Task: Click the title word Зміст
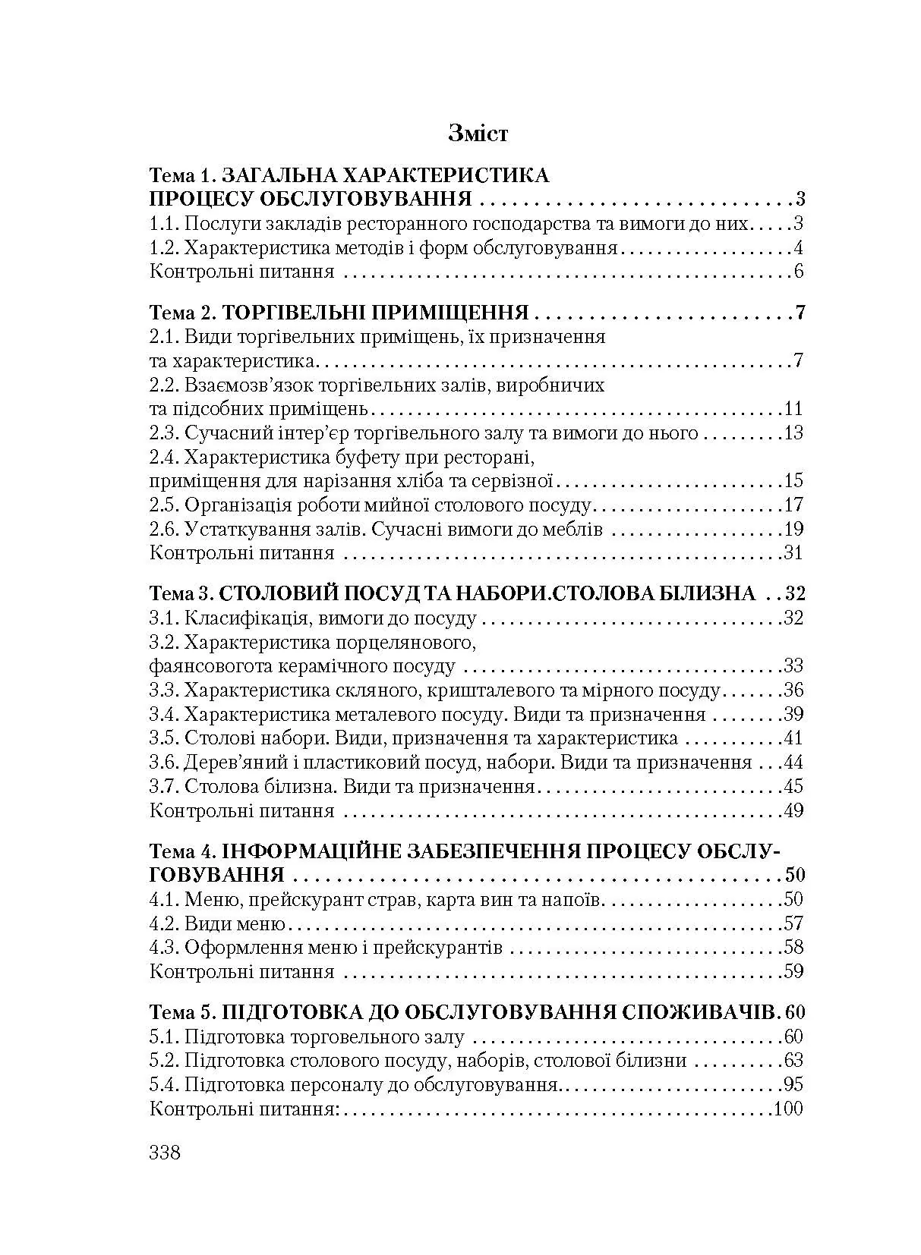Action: pos(478,134)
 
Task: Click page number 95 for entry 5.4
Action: pos(792,1084)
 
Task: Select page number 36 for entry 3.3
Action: pos(793,690)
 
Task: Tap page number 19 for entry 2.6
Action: pos(792,529)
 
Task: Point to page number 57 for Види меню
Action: pos(793,923)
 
